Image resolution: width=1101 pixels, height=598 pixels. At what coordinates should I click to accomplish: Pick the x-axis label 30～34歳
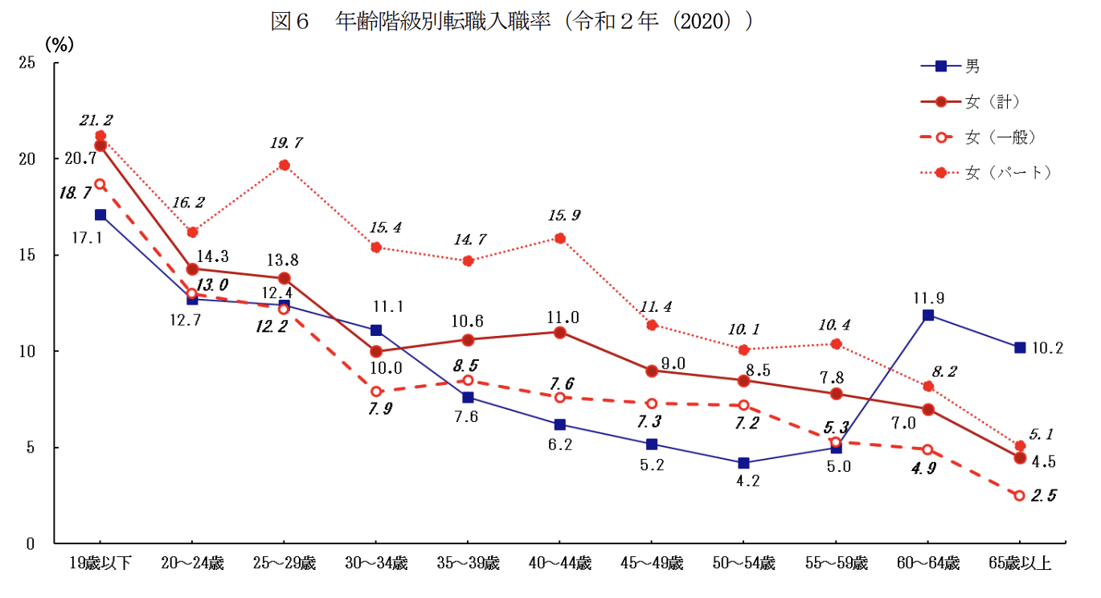(375, 563)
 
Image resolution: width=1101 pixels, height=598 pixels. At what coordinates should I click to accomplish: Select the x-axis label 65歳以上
(1020, 563)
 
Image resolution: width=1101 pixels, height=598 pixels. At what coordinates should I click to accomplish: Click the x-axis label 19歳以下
(100, 563)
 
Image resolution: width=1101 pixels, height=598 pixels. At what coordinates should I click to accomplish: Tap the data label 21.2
(96, 120)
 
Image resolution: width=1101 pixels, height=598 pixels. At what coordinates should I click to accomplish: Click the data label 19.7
(285, 143)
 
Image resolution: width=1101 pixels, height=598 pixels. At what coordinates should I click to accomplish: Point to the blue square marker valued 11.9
(928, 315)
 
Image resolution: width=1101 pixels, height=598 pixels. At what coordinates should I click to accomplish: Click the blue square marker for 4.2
(744, 463)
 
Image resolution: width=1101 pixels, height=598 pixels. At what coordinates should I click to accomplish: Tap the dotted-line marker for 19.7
(284, 166)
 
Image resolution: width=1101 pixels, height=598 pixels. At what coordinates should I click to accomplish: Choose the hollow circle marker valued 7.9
(376, 391)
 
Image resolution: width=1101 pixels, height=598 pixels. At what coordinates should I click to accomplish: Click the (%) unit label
(59, 44)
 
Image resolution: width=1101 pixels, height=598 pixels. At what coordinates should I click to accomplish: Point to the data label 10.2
(1049, 348)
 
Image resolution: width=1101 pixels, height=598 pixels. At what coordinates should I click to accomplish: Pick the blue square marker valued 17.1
(100, 215)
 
